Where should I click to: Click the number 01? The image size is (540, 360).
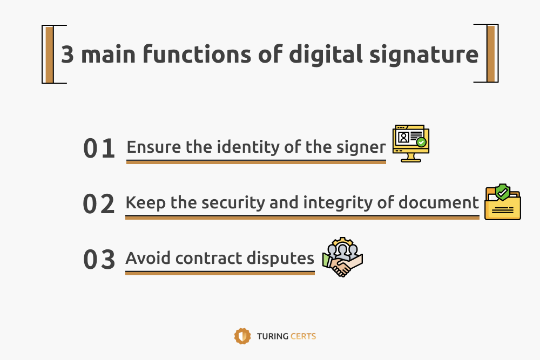tap(99, 148)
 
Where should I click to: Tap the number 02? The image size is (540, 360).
tap(99, 203)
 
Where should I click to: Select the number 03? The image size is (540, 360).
tap(99, 259)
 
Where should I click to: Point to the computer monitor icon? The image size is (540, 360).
tap(411, 143)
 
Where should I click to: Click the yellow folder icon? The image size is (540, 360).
tap(502, 202)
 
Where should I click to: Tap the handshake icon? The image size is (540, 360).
tap(343, 257)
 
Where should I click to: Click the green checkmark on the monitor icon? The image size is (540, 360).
tap(421, 142)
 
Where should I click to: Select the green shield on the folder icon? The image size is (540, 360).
tap(502, 192)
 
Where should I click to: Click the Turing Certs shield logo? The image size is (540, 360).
tap(242, 336)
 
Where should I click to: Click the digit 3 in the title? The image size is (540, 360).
tap(67, 54)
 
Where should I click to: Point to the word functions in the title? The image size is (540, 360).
tap(197, 53)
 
